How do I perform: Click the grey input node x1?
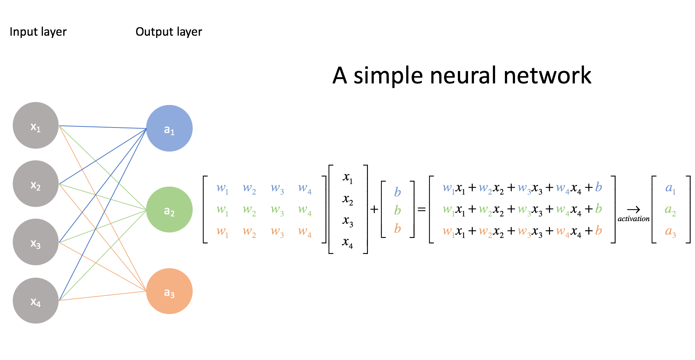(x=36, y=125)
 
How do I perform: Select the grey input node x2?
(x=36, y=184)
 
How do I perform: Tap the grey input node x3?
(x=36, y=242)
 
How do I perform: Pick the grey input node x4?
(x=36, y=301)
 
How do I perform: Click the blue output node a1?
(x=169, y=128)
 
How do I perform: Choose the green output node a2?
(x=169, y=210)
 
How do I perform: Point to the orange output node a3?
(x=169, y=291)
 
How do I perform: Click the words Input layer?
(x=38, y=32)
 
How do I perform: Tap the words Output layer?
(x=169, y=32)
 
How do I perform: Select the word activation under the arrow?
(x=633, y=219)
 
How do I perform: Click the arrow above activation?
(x=633, y=210)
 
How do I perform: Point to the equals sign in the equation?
(x=421, y=210)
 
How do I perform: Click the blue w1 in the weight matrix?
(x=222, y=188)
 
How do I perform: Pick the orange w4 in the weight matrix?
(x=305, y=232)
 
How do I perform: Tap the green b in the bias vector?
(x=397, y=210)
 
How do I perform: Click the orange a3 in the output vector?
(x=670, y=232)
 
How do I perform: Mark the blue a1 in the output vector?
(x=670, y=188)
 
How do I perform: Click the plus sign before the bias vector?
(x=374, y=210)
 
